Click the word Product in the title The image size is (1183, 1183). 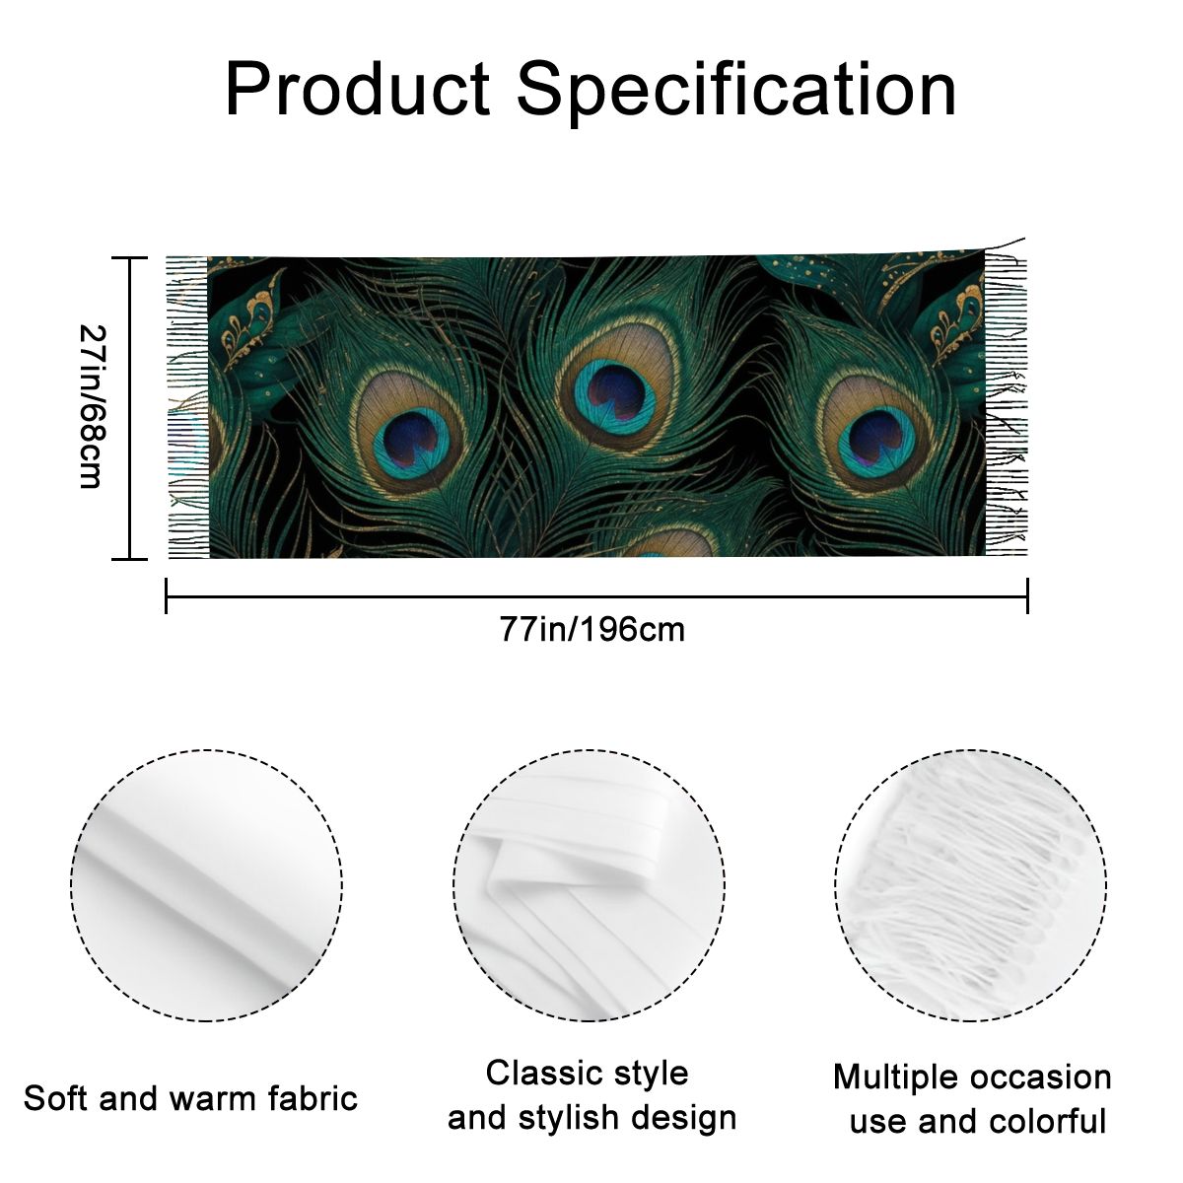click(358, 88)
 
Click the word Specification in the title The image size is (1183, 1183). click(736, 92)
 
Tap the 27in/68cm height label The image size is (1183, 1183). click(94, 406)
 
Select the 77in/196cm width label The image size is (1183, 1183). click(591, 630)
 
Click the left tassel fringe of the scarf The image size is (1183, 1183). click(188, 407)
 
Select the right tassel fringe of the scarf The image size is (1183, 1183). click(1006, 402)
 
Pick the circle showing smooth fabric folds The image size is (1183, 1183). click(206, 886)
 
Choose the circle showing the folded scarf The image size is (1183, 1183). click(590, 886)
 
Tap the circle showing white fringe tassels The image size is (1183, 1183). click(971, 886)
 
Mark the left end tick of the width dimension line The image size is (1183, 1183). click(167, 595)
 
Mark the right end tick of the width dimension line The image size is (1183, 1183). click(1027, 595)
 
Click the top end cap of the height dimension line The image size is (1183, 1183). click(129, 258)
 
